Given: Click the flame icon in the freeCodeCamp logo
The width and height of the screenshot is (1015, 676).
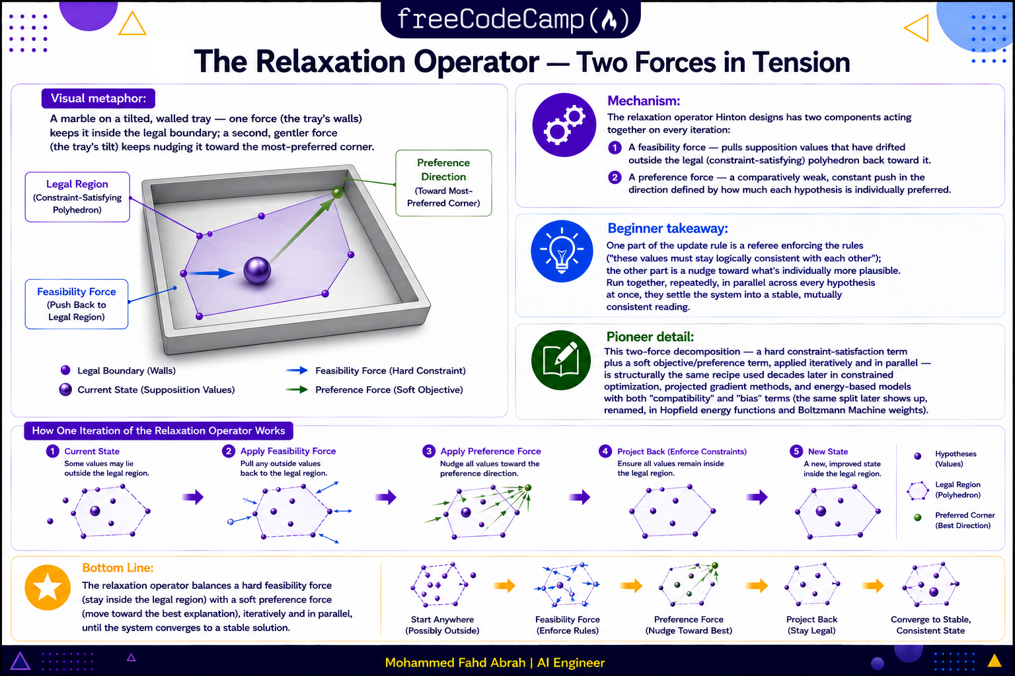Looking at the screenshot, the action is point(609,21).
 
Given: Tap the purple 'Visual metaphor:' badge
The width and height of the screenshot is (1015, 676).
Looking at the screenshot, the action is point(98,98).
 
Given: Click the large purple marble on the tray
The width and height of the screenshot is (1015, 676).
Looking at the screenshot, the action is point(257,270).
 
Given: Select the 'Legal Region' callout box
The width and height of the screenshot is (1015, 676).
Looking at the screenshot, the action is point(77,197).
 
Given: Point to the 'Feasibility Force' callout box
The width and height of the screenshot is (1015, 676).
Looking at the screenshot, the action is point(77,304).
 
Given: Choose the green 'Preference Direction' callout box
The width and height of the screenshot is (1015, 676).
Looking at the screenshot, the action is point(443,183).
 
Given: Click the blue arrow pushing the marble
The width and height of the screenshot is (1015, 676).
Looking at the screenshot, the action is point(211,273).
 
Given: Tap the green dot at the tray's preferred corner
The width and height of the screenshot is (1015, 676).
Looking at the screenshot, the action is point(337,193).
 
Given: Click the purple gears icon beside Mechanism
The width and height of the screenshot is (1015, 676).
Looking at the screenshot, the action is point(564,125).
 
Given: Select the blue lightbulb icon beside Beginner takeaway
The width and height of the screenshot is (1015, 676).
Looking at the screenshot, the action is point(562,252).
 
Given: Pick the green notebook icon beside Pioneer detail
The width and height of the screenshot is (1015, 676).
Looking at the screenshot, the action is point(561,360).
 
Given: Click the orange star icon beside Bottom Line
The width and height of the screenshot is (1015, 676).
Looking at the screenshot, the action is point(48,588).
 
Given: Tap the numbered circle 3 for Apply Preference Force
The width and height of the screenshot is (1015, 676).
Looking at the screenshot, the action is point(429,451).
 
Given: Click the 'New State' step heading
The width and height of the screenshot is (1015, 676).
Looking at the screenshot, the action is point(828,452).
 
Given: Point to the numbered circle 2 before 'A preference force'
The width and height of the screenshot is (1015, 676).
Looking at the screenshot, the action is point(615,177).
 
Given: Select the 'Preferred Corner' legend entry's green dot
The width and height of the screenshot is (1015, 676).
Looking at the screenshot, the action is point(918,518).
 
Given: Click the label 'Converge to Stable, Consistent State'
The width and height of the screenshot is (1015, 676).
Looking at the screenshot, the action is point(930,625).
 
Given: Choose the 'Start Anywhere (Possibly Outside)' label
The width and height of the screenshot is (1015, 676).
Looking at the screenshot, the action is point(442,625).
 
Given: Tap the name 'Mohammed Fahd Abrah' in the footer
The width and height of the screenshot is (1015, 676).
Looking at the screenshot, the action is point(455,663).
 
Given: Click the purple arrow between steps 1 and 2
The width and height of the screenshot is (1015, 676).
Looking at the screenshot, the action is point(193,497).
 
